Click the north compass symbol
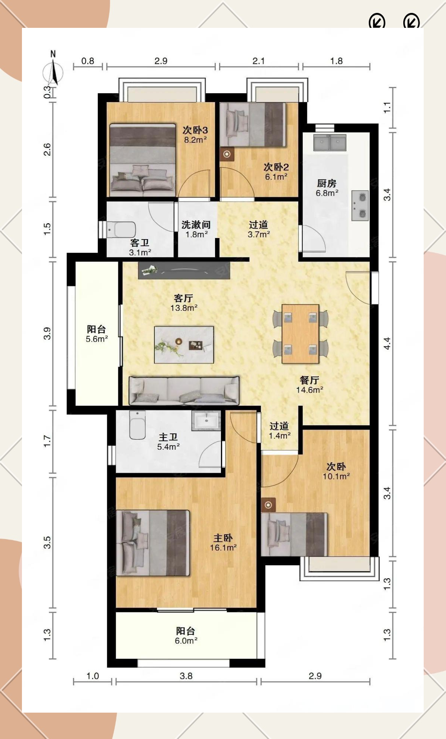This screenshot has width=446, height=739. [x=53, y=71]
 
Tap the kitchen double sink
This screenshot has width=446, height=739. [x=330, y=143]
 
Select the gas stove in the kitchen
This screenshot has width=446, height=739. [x=360, y=205]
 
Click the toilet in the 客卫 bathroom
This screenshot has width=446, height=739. [x=121, y=230]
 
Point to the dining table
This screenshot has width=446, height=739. [x=300, y=333]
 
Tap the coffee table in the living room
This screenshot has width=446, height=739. [x=184, y=345]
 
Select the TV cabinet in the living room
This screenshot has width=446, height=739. [x=184, y=270]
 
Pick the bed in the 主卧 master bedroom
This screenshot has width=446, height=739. [x=153, y=543]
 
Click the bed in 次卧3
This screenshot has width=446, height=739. [x=142, y=160]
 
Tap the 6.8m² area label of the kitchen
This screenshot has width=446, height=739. [x=327, y=193]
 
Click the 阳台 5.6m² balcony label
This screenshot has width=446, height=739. [x=97, y=334]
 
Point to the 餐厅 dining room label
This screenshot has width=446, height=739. [x=309, y=380]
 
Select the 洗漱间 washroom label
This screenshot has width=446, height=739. [x=196, y=225]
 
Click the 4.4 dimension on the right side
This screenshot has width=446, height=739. [x=387, y=343]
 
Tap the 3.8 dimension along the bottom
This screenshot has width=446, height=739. [x=186, y=676]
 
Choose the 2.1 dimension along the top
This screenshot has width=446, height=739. [x=259, y=61]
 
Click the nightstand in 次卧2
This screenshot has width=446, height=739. [x=227, y=154]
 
